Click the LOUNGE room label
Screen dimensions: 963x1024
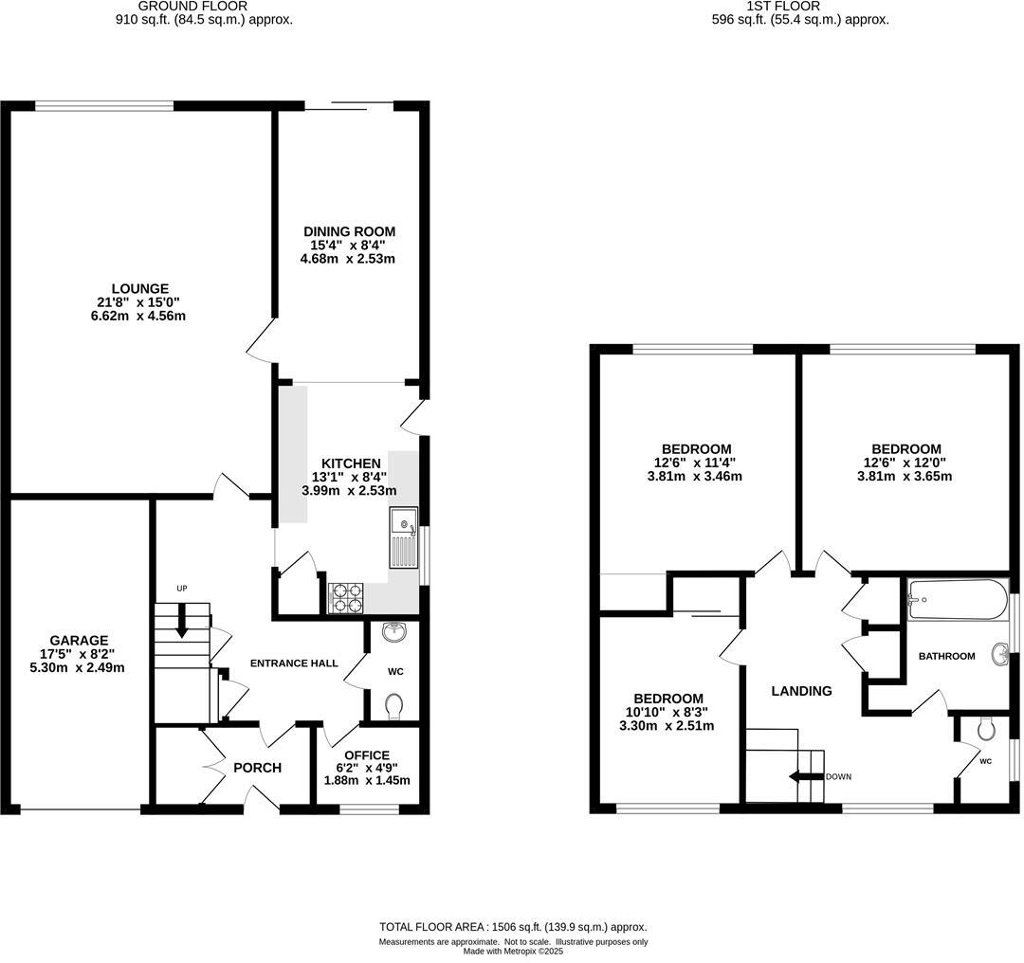point(139,289)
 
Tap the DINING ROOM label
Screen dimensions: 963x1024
point(349,231)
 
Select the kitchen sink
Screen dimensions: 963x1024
point(404,537)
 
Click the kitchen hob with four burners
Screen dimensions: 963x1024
point(347,597)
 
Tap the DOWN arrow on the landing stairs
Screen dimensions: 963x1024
point(804,776)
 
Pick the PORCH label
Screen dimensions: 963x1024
point(257,768)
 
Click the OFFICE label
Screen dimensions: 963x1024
point(367,755)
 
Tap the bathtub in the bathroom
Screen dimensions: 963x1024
point(953,599)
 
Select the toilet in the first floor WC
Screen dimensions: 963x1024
point(986,729)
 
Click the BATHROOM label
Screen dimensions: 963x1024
point(946,656)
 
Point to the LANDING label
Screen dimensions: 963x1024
point(802,691)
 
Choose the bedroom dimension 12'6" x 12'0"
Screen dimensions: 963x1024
point(906,463)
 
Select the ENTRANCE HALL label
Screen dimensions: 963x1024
point(294,663)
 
